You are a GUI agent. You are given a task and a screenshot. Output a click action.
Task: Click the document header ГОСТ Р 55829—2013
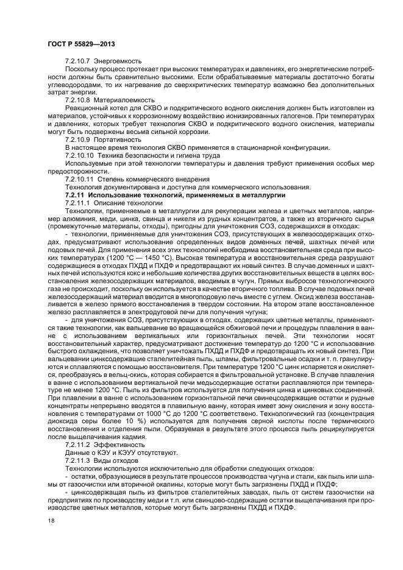[82, 44]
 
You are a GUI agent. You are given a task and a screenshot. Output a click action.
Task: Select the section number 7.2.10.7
[77, 61]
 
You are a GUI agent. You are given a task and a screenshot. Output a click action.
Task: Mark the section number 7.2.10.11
[79, 179]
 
